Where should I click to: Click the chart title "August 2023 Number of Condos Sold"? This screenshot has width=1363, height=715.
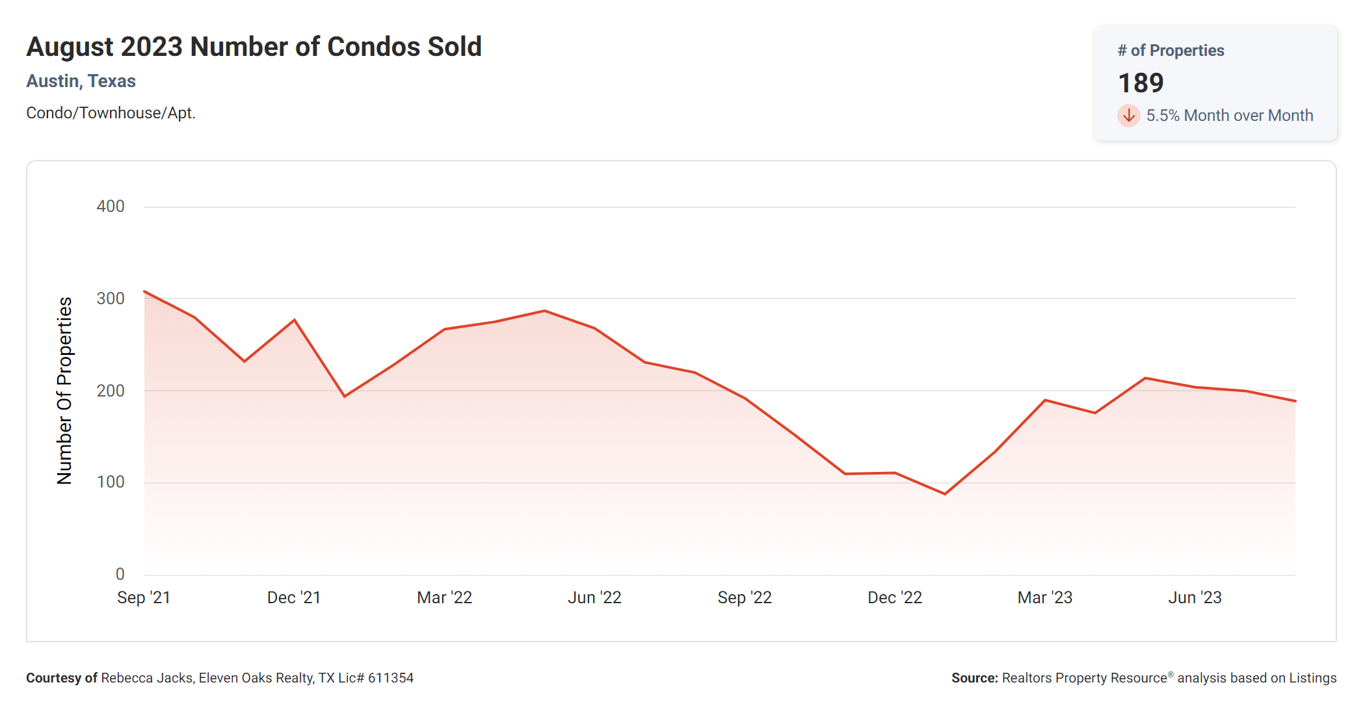click(254, 47)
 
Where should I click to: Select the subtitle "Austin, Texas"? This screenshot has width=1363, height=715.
click(81, 81)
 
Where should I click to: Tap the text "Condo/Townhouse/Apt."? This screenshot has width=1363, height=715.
click(111, 113)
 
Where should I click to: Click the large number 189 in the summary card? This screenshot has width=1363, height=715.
click(1141, 83)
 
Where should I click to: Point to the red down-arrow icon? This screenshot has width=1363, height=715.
click(1129, 116)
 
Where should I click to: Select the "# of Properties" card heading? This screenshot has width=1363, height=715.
click(1171, 51)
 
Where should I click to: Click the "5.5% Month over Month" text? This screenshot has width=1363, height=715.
click(1229, 116)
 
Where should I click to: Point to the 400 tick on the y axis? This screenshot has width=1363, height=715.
click(111, 207)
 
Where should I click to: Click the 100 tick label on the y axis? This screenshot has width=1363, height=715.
click(111, 482)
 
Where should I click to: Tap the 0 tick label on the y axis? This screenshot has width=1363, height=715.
click(120, 574)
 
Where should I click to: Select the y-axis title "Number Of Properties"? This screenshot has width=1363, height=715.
click(64, 390)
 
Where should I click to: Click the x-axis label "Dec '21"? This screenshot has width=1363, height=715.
click(294, 597)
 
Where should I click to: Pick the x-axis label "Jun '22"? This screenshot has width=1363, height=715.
click(594, 597)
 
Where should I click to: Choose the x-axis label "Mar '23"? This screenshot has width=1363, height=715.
click(1044, 597)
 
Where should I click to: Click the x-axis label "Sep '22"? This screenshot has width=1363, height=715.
click(745, 597)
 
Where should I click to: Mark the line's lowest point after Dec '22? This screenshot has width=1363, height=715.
click(945, 494)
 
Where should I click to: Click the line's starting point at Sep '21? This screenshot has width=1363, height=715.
click(144, 291)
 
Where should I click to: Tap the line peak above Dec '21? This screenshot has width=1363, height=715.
click(295, 320)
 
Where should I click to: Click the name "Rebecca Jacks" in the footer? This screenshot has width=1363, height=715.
click(147, 678)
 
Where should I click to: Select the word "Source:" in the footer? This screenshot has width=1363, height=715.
click(974, 678)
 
